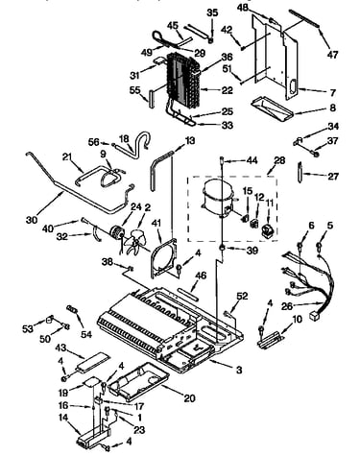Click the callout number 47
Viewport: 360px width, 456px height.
tap(332, 54)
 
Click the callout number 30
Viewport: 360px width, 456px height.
tap(32, 220)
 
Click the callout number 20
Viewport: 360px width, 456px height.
tap(189, 398)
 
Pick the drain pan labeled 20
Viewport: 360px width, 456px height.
tap(137, 381)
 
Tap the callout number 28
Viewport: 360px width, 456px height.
tap(279, 159)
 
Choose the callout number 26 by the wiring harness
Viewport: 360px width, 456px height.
tap(287, 306)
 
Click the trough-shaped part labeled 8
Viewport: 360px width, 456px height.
tap(272, 109)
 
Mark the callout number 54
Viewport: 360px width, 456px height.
tap(86, 334)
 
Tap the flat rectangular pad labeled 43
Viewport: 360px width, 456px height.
tap(92, 362)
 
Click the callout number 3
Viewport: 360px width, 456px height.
tap(239, 370)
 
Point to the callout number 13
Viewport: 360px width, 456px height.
tap(190, 140)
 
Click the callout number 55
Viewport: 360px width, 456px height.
tap(135, 90)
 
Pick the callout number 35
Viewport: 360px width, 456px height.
tap(212, 12)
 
